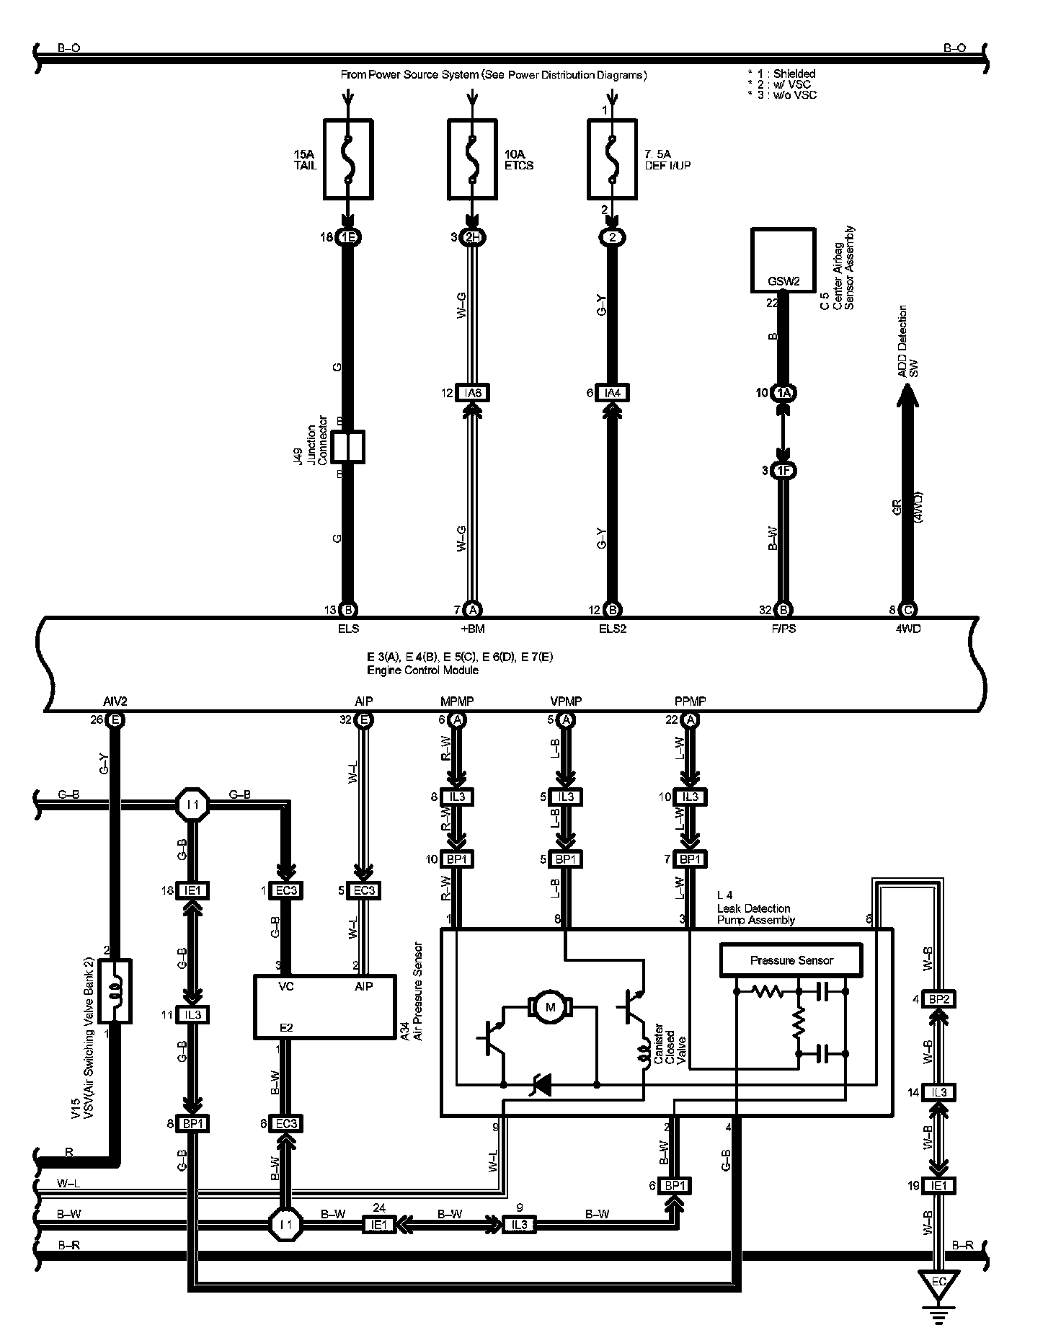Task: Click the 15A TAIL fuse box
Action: [348, 159]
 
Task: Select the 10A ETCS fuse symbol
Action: [472, 159]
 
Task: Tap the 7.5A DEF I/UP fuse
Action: [612, 159]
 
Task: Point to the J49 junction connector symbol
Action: [348, 447]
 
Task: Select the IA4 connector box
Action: [612, 393]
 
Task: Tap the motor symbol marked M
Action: [551, 1007]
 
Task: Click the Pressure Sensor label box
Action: [791, 960]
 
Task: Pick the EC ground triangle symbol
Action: [938, 1284]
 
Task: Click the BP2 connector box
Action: [938, 999]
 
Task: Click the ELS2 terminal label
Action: [612, 629]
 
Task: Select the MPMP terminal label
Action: [456, 701]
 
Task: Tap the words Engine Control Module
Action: [422, 670]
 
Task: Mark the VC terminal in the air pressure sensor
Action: [285, 985]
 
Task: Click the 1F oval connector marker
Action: [783, 471]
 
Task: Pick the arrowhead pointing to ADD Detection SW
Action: [908, 393]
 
